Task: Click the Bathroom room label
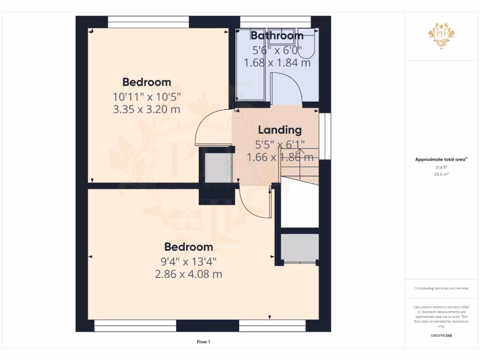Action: [x=277, y=36]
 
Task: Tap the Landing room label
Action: [x=280, y=130]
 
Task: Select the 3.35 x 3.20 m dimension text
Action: [x=147, y=110]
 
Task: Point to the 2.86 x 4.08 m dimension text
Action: [x=188, y=274]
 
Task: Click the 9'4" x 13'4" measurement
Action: [x=188, y=261]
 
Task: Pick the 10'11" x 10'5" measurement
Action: [x=147, y=97]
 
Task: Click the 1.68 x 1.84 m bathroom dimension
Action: [x=277, y=62]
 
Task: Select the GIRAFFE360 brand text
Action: [x=442, y=336]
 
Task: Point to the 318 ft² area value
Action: [x=442, y=167]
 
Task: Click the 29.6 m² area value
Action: [x=442, y=174]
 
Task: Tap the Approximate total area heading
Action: [x=441, y=159]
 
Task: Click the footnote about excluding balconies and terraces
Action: [x=441, y=288]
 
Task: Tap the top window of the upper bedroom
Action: [x=149, y=22]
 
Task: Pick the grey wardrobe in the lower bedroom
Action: [x=300, y=248]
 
